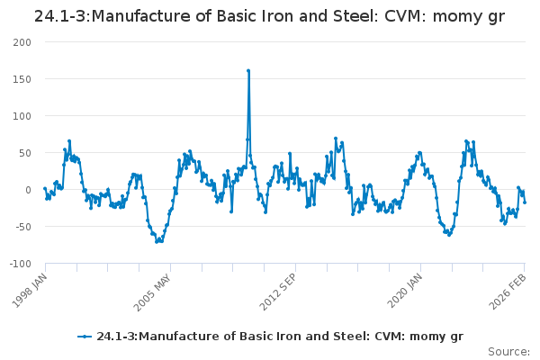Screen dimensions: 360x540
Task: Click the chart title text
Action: point(269,16)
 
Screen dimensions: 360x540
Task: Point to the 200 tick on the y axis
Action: point(22,42)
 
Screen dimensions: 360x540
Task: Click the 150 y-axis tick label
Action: point(22,79)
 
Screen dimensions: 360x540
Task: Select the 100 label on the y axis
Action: point(22,116)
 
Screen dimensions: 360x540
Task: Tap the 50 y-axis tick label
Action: point(24,153)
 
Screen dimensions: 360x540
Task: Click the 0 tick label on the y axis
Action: point(28,190)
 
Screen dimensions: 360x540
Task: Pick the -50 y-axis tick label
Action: point(22,227)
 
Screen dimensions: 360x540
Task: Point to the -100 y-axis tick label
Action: point(19,264)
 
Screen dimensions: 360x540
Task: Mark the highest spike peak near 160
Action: point(248,70)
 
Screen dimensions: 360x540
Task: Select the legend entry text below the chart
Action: point(279,337)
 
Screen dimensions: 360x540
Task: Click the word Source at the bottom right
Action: point(508,352)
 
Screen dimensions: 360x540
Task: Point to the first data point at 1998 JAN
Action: point(44,189)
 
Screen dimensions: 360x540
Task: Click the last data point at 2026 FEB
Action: point(525,202)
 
